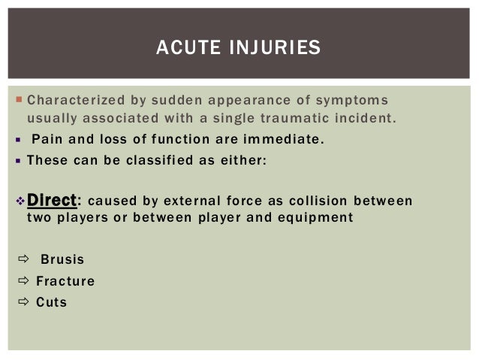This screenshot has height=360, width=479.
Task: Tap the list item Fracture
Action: [65, 282]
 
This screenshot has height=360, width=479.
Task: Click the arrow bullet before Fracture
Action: [21, 282]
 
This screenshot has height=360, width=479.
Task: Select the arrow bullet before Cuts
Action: [21, 303]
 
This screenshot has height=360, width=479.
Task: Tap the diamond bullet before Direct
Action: [20, 201]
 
